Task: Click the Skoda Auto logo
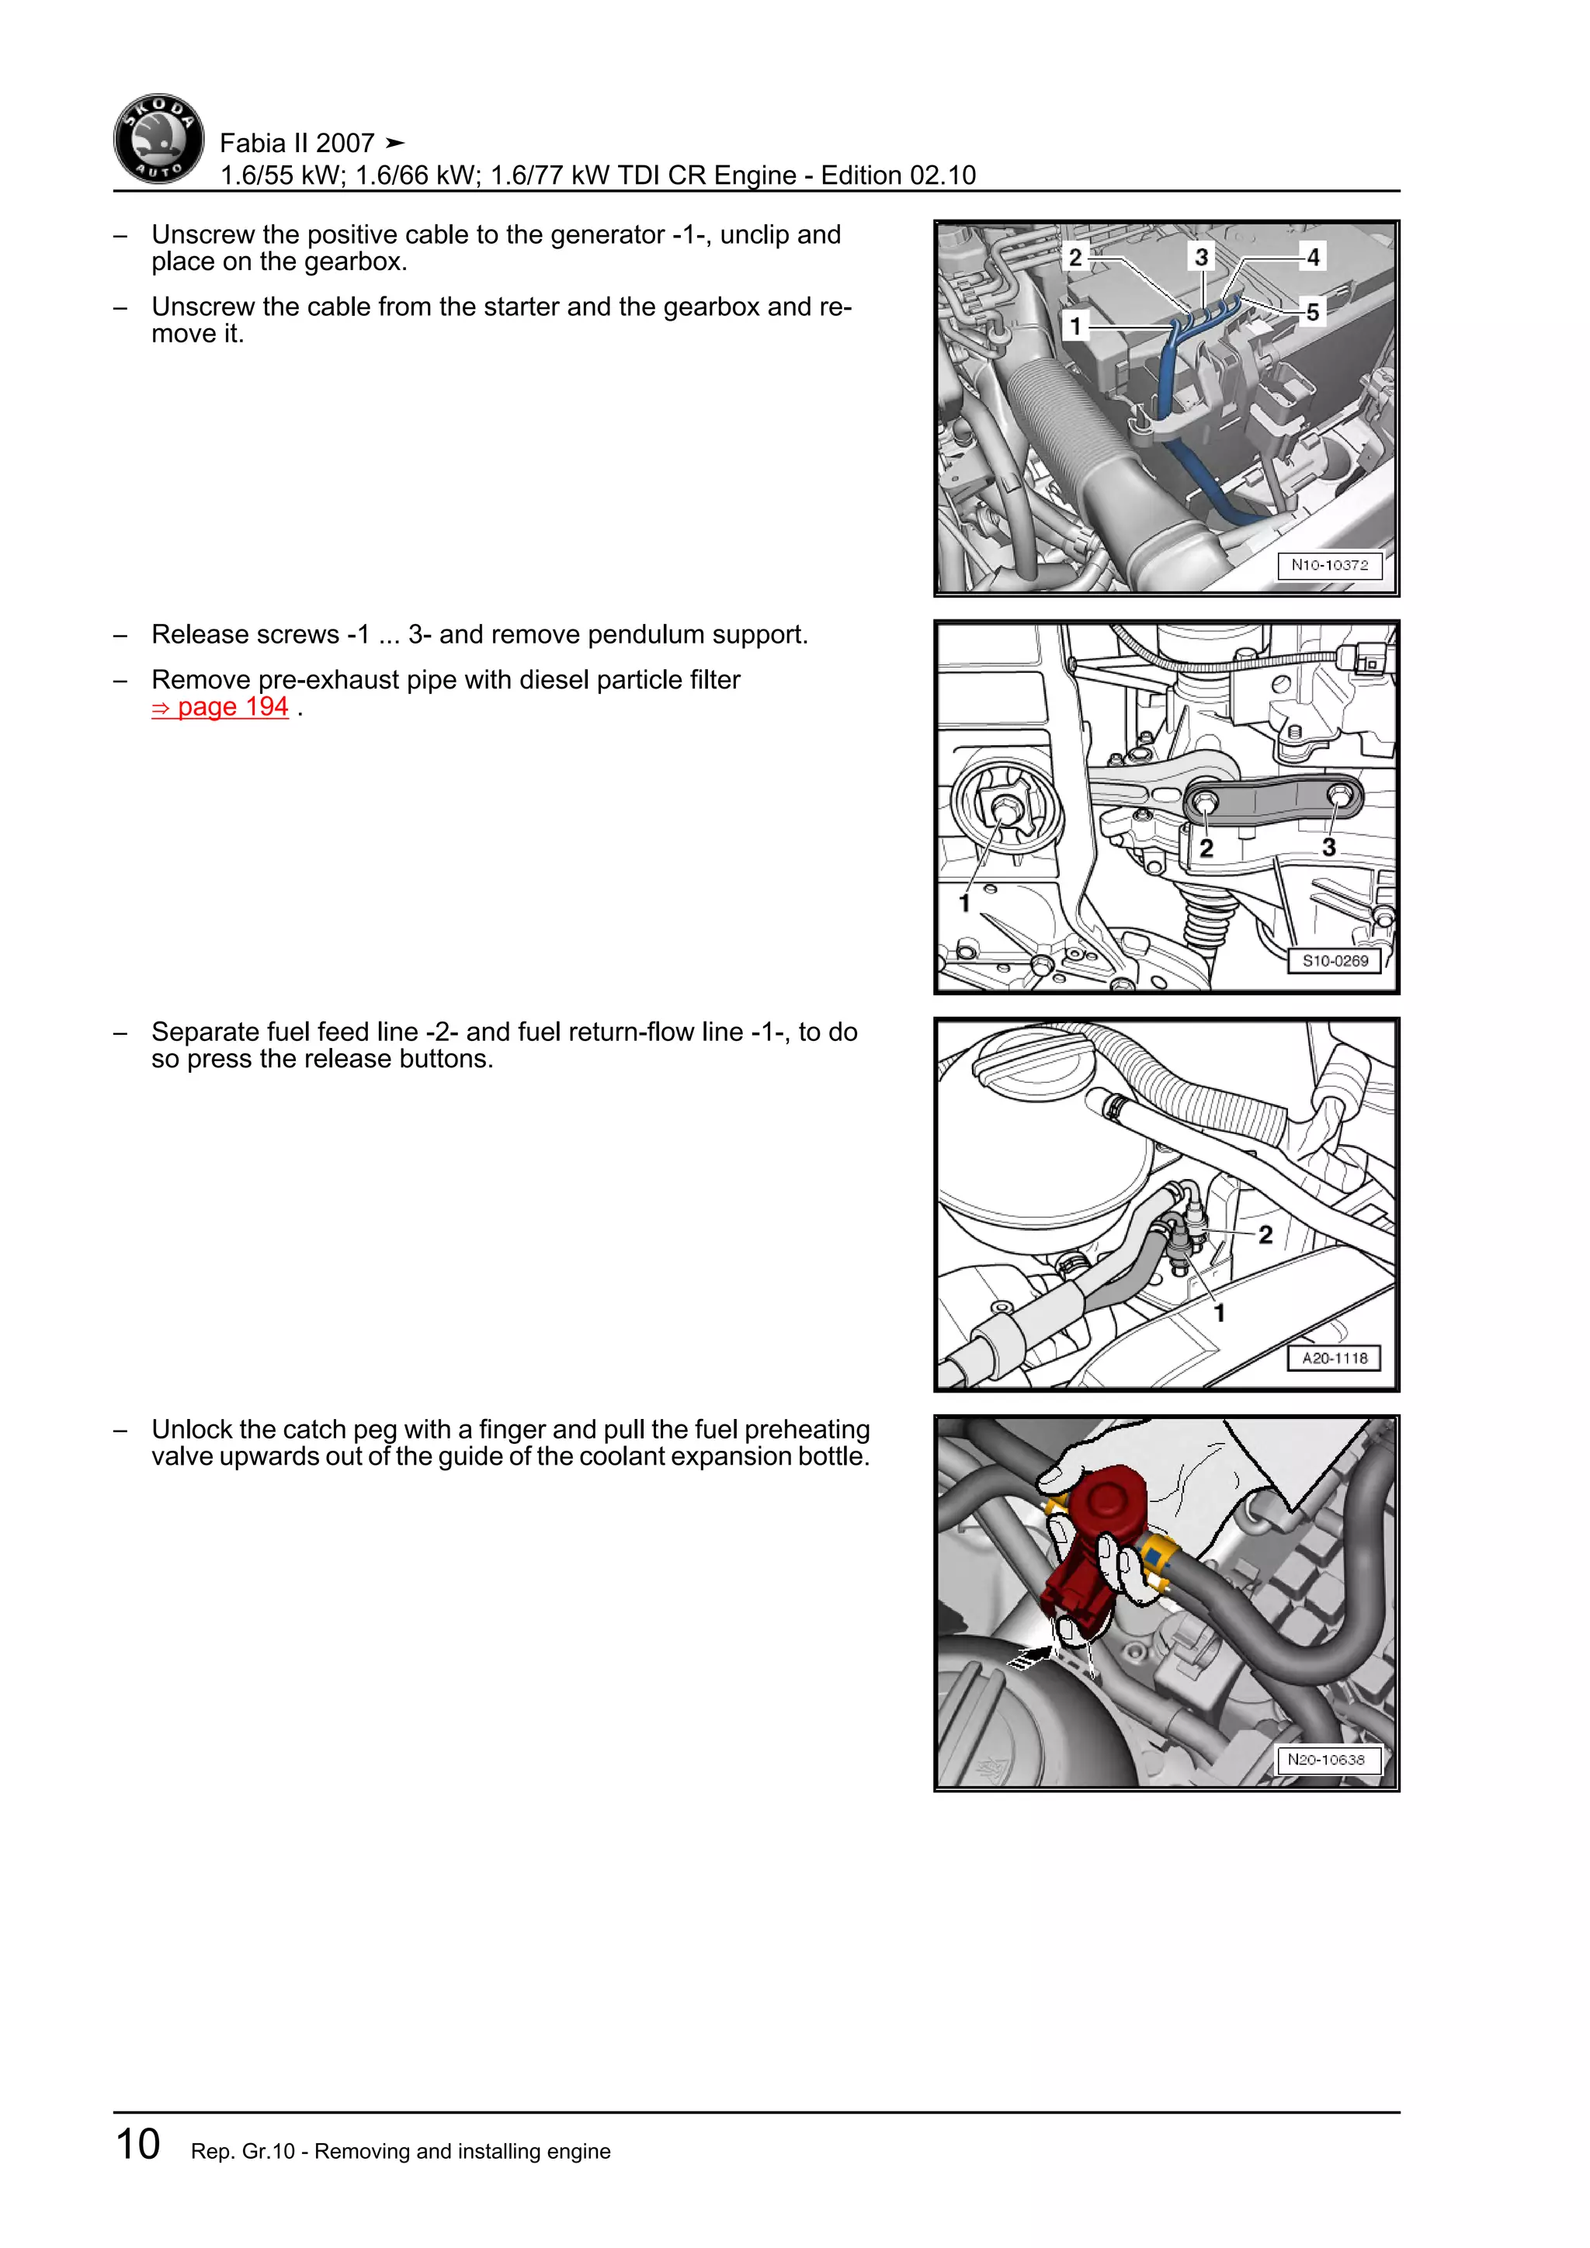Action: pyautogui.click(x=158, y=139)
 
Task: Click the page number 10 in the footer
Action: pyautogui.click(x=138, y=2143)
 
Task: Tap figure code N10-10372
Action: pyautogui.click(x=1328, y=565)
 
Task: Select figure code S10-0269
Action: pyautogui.click(x=1335, y=960)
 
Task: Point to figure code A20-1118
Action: pyautogui.click(x=1334, y=1358)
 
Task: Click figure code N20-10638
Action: pyautogui.click(x=1326, y=1760)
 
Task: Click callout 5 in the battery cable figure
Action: pyautogui.click(x=1313, y=312)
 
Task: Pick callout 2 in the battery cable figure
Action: pyautogui.click(x=1075, y=258)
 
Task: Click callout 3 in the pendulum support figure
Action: pyautogui.click(x=1328, y=847)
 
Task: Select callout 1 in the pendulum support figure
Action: pyautogui.click(x=964, y=903)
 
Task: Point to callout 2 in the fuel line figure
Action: pyautogui.click(x=1265, y=1235)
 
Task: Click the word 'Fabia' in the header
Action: pyautogui.click(x=252, y=143)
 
